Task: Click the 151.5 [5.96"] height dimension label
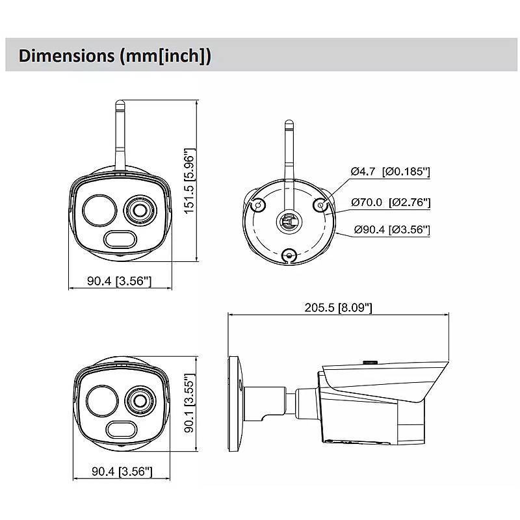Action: [x=189, y=181]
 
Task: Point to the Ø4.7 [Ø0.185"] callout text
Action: [x=390, y=172]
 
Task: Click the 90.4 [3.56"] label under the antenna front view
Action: [x=119, y=281]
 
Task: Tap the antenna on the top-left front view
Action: [x=121, y=133]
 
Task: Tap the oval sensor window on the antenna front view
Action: [x=120, y=239]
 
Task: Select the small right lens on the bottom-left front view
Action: [x=139, y=400]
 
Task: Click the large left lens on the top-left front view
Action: [x=97, y=209]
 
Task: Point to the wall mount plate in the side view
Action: [x=232, y=403]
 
